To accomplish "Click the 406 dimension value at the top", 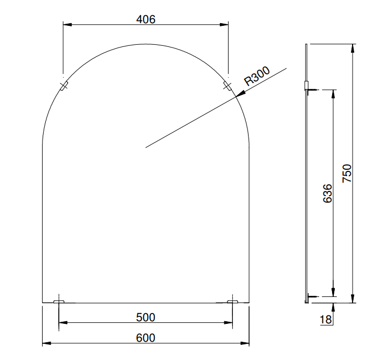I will pos(146,19).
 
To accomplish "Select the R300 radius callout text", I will pos(257,76).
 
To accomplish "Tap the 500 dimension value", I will pos(146,317).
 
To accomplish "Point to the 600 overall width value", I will pos(146,338).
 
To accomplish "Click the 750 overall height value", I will pos(347,174).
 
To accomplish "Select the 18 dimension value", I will pos(326,319).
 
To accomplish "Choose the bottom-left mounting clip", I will pos(59,301).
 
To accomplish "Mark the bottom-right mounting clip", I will pos(232,301).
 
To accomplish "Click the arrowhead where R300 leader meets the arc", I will pos(239,95).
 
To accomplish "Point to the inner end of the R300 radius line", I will pos(146,147).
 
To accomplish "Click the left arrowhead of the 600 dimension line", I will pos(45,343).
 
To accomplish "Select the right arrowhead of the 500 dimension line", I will pos(229,323).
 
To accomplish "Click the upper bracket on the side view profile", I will pos(307,86).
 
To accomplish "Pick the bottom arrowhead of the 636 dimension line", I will pos(333,293).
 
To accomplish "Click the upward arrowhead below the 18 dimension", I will pos(333,307).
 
